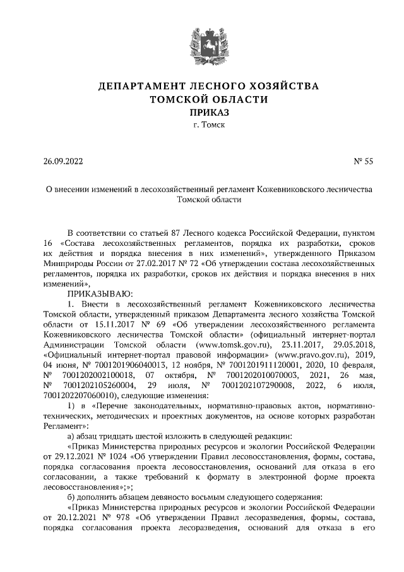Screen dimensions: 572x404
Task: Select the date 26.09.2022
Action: (63, 161)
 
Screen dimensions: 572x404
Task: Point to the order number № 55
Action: (364, 161)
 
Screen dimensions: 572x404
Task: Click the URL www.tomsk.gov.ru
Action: (234, 344)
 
